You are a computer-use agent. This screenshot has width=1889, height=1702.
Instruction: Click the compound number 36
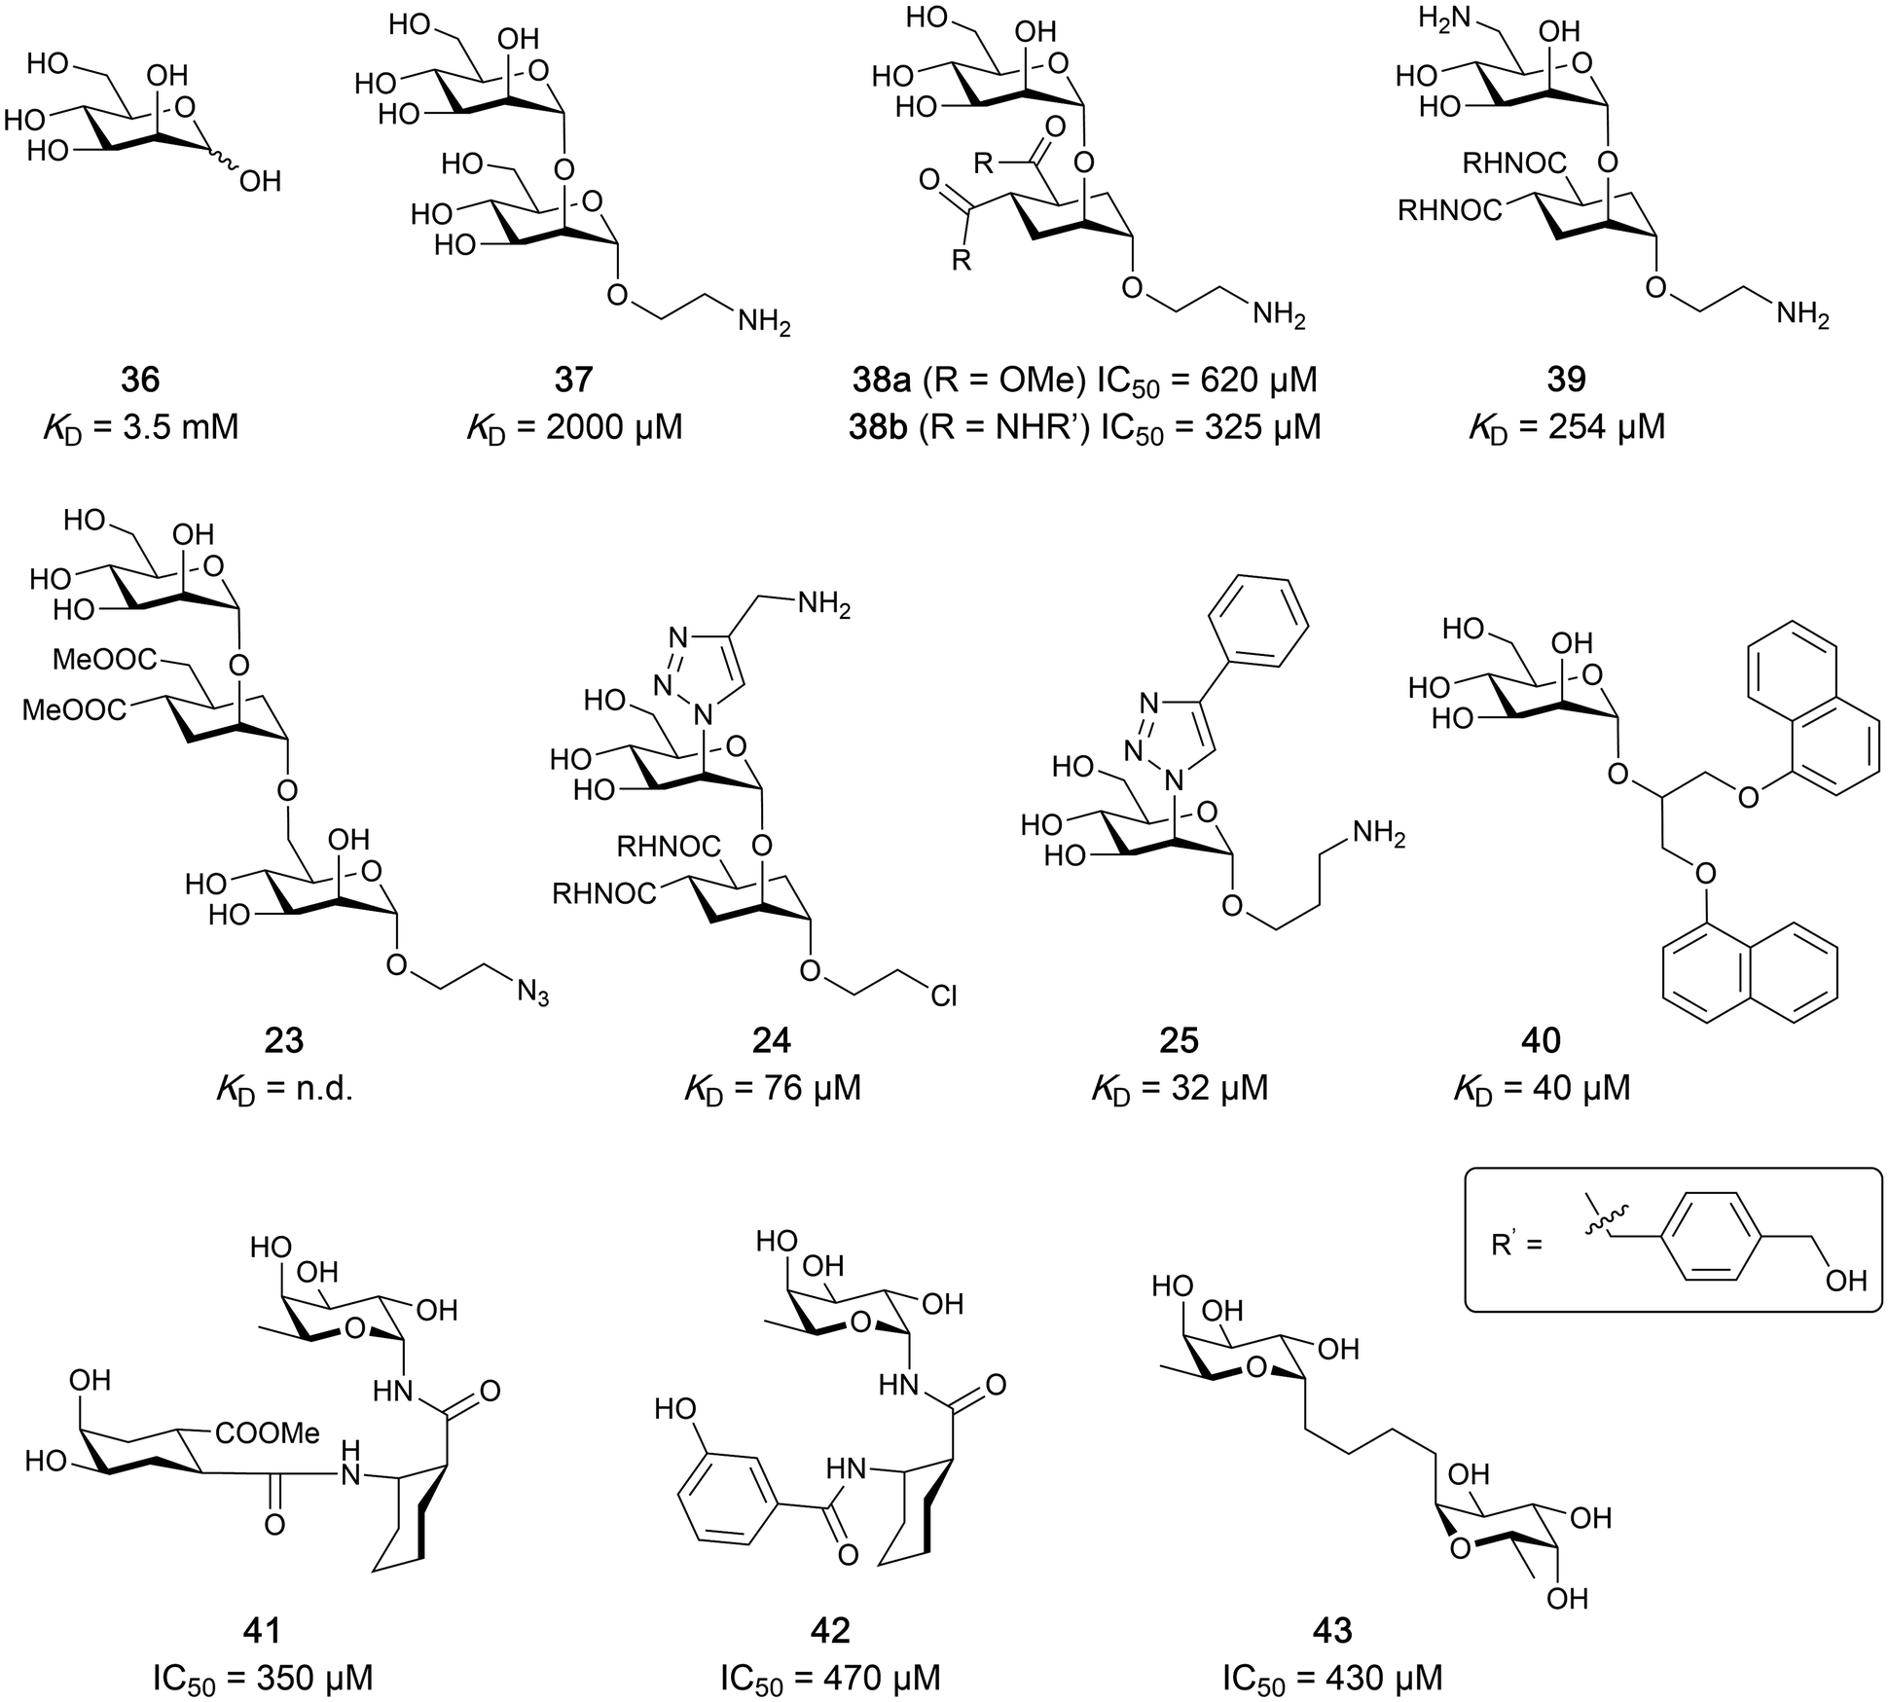click(141, 379)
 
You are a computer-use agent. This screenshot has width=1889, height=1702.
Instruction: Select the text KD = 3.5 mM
click(141, 427)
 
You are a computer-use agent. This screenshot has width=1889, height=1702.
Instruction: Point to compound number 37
click(574, 379)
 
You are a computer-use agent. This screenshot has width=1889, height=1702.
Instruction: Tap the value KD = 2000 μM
click(574, 427)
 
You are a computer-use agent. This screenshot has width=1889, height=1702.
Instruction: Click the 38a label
click(879, 379)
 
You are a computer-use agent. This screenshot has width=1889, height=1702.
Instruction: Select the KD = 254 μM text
click(1568, 427)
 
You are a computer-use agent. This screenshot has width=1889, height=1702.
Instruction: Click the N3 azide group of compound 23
click(532, 994)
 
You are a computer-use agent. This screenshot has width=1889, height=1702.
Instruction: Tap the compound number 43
click(1331, 1630)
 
